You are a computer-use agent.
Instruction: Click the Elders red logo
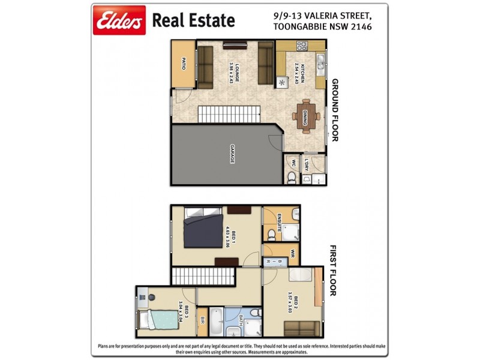pyautogui.click(x=119, y=21)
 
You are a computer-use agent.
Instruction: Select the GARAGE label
pyautogui.click(x=232, y=154)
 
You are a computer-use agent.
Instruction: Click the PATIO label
pyautogui.click(x=184, y=63)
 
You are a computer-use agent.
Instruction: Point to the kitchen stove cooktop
pyautogui.click(x=299, y=46)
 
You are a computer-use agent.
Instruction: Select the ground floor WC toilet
pyautogui.click(x=291, y=176)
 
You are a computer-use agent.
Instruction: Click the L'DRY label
pyautogui.click(x=306, y=164)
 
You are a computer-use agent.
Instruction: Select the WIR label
pyautogui.click(x=293, y=253)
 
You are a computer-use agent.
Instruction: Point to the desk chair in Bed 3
pyautogui.click(x=150, y=297)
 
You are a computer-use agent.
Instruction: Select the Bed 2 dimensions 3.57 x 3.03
pyautogui.click(x=290, y=302)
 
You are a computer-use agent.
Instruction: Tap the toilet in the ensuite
pyautogui.click(x=272, y=233)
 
